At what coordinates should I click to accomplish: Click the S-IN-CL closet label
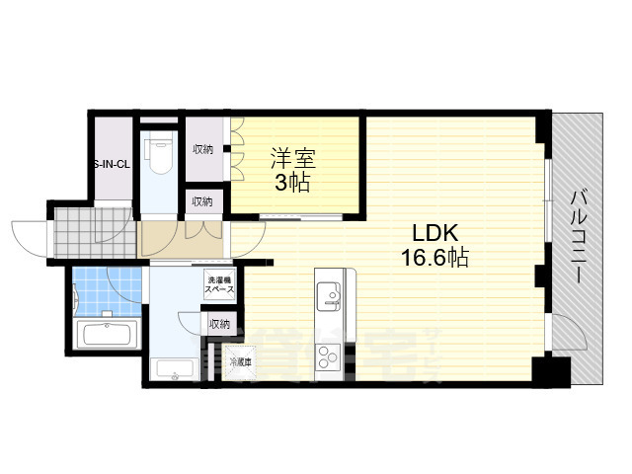point(111,164)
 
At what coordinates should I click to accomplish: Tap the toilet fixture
point(159,154)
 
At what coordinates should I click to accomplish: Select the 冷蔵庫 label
point(240,362)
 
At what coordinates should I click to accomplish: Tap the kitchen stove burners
point(328,354)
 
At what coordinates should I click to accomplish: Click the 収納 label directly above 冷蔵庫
point(218,323)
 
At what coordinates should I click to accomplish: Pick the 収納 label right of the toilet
point(203,149)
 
